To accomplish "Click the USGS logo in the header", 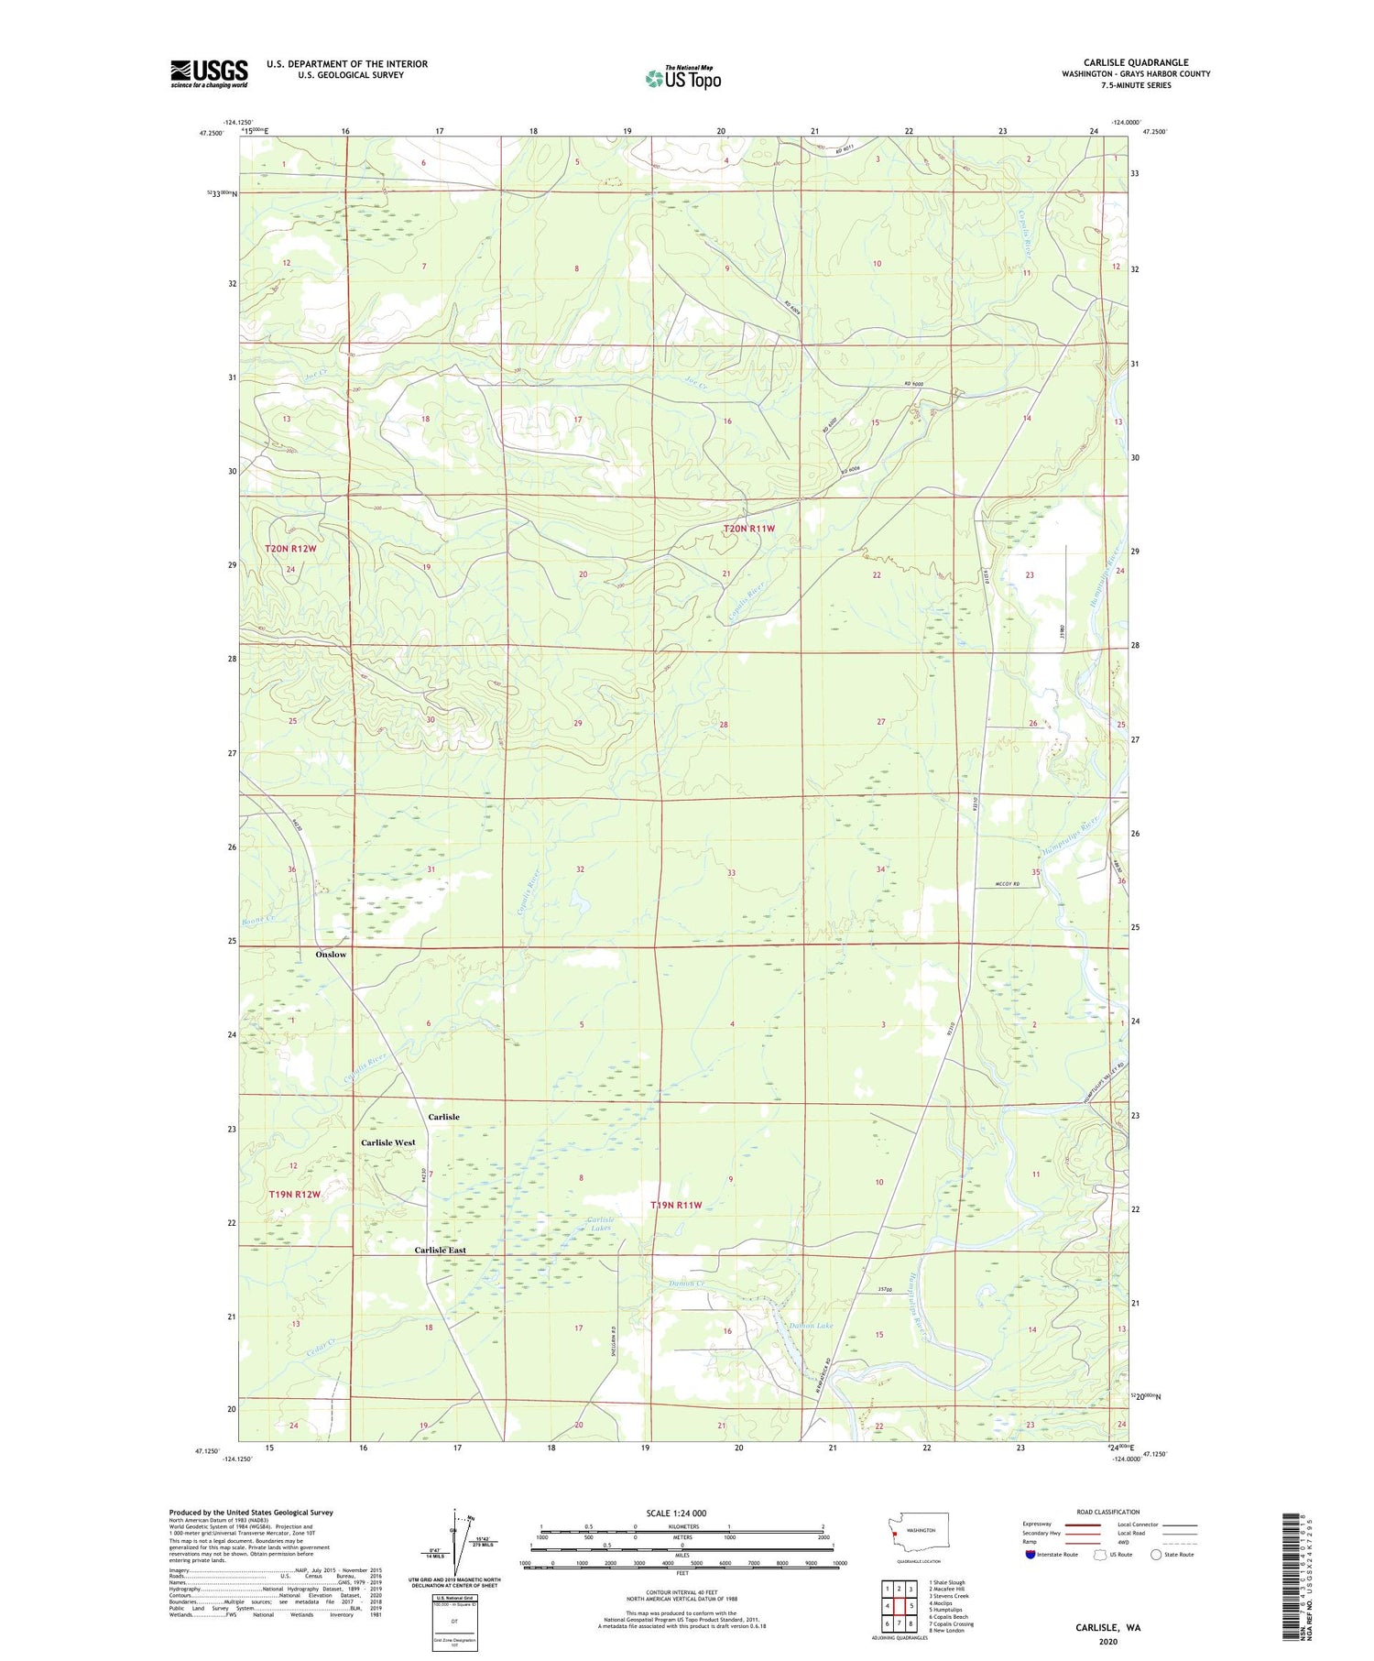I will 209,73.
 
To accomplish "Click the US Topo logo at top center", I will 683,78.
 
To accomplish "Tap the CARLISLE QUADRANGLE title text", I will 1135,62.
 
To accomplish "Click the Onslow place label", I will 331,955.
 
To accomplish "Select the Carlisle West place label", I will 387,1142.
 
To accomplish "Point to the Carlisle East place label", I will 440,1250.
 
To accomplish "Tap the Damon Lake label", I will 811,1326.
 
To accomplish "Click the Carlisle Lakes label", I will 600,1225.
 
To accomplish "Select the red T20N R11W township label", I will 748,529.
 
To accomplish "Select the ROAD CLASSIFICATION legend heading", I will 1108,1512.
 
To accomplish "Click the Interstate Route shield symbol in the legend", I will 1030,1555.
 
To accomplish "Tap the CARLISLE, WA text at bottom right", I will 1107,1628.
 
